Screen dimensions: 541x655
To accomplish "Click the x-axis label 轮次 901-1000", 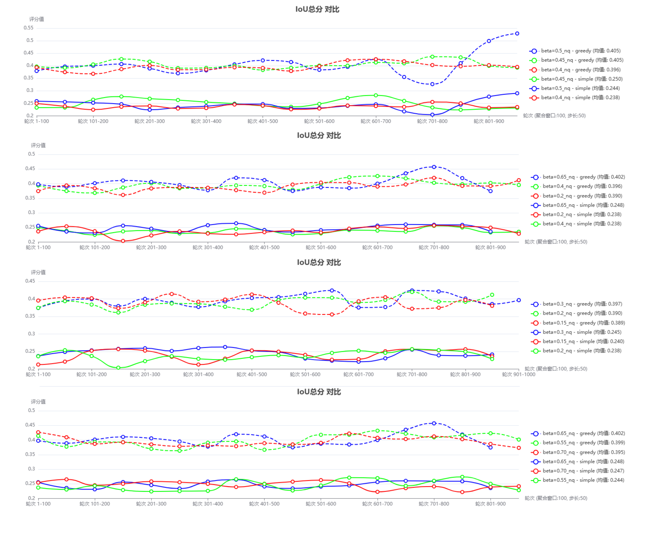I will tap(518, 374).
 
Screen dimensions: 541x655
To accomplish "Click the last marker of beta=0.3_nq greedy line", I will tap(518, 300).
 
